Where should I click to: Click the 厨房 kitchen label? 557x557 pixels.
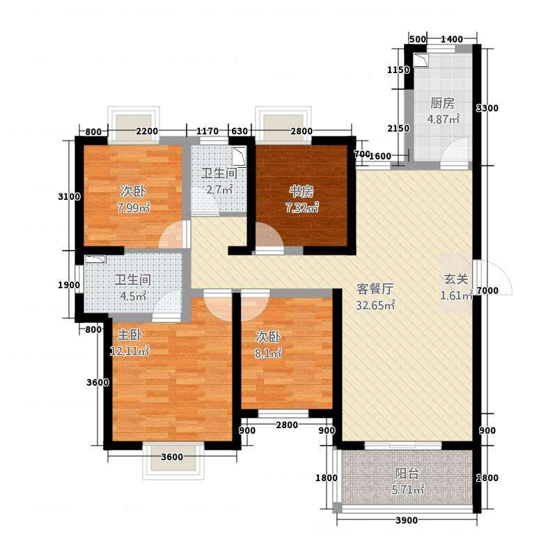(442, 103)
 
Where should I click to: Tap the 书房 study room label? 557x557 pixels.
(301, 192)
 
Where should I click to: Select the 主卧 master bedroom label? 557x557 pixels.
(130, 335)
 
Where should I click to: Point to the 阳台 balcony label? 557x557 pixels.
(407, 473)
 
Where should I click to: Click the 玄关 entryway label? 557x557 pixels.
(456, 279)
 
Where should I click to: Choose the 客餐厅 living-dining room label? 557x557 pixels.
(375, 289)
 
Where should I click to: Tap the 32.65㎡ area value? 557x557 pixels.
(375, 305)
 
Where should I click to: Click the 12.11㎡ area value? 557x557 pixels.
(130, 351)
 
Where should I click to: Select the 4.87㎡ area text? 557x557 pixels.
(444, 119)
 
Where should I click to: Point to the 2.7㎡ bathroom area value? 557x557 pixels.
(219, 189)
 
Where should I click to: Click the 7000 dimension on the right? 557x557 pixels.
(487, 290)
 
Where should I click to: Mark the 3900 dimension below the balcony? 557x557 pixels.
(407, 520)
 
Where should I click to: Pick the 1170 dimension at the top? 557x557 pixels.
(207, 131)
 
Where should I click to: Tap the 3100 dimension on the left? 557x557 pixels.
(69, 196)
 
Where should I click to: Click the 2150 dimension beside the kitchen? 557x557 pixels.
(398, 128)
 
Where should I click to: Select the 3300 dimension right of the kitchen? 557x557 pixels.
(487, 108)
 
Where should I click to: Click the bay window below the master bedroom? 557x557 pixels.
(173, 461)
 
